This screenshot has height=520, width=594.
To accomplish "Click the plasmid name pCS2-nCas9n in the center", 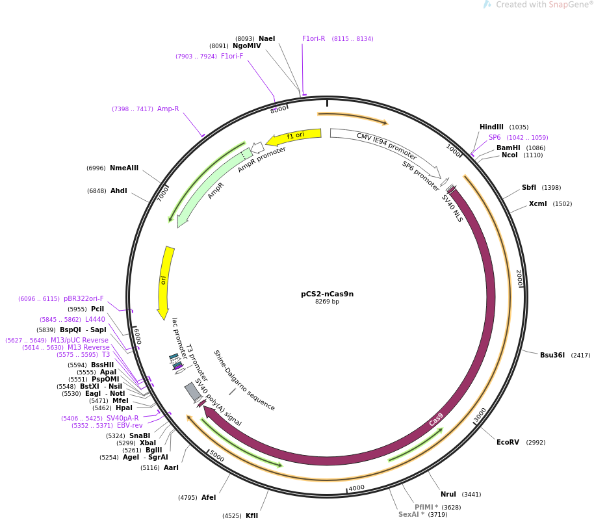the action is point(327,294).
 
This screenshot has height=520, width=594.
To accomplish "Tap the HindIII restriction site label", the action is point(491,127).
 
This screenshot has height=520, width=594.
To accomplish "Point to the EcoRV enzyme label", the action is point(508,442).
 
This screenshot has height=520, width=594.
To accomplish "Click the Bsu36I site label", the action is point(552,355).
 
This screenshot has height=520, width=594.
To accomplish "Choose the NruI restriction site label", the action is point(448,494).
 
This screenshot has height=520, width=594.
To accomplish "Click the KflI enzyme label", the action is point(252,515).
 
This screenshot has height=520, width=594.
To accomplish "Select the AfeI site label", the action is point(209,497).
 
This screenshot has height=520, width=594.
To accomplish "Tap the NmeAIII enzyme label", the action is point(124,168).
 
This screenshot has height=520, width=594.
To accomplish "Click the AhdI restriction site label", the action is point(118,190).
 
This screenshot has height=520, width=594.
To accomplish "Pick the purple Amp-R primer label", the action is point(168,109).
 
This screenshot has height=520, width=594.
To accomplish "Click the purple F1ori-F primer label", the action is point(232,56).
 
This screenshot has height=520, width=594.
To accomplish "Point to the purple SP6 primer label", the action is point(495,137).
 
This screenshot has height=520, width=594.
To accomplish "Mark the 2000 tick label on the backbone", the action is point(519,278).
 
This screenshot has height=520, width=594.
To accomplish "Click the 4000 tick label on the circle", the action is point(357,487).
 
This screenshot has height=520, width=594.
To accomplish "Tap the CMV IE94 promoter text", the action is point(387,146).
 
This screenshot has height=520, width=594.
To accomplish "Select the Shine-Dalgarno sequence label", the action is point(244,380).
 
